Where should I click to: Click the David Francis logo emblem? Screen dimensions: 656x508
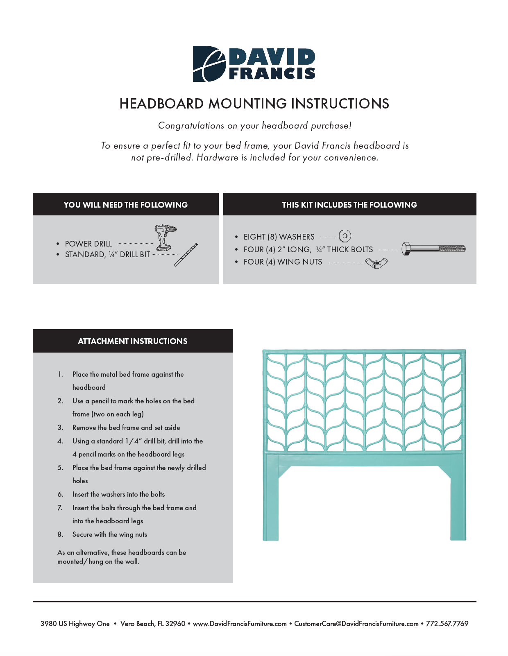click(209, 64)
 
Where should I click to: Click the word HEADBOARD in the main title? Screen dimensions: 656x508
click(161, 104)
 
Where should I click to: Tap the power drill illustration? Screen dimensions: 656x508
click(164, 237)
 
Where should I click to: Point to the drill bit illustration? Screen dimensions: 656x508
click(186, 255)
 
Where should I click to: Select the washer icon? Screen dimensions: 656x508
click(345, 236)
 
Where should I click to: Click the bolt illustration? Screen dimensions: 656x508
click(433, 249)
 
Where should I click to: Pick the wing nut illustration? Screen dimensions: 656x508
click(376, 263)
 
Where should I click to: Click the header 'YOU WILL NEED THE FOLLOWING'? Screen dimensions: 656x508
click(125, 205)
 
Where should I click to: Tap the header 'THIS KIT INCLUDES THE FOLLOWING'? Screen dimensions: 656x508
click(349, 205)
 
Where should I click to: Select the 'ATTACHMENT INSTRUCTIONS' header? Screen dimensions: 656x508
click(132, 341)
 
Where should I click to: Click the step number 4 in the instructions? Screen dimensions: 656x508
click(60, 441)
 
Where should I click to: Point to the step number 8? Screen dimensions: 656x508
click(60, 534)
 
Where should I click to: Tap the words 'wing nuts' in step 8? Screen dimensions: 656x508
click(133, 534)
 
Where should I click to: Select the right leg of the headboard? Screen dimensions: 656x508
click(458, 504)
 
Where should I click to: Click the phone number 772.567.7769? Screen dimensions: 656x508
click(447, 624)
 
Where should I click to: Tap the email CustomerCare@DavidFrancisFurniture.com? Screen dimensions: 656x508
click(356, 624)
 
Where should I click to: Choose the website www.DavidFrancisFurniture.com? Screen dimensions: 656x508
click(240, 624)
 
